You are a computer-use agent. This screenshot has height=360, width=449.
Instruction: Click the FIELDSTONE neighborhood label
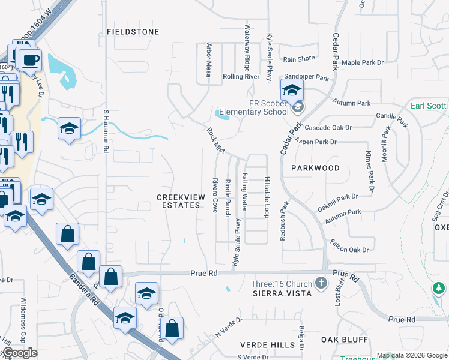point(133,31)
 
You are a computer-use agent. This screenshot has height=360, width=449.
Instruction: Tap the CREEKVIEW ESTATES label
point(178,201)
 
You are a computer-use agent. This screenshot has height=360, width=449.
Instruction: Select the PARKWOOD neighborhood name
point(315,168)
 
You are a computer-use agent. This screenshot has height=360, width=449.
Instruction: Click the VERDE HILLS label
point(267,345)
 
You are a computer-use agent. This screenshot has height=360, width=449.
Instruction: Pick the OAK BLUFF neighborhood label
point(344,339)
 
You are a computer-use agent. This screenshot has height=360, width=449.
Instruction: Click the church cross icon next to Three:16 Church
point(321,282)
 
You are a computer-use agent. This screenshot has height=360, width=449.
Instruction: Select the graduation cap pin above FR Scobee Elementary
point(291,91)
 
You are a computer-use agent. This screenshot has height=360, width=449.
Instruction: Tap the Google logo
point(20,353)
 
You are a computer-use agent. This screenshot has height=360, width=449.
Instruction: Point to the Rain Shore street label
point(299,59)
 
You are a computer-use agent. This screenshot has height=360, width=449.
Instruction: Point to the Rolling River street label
point(241,77)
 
